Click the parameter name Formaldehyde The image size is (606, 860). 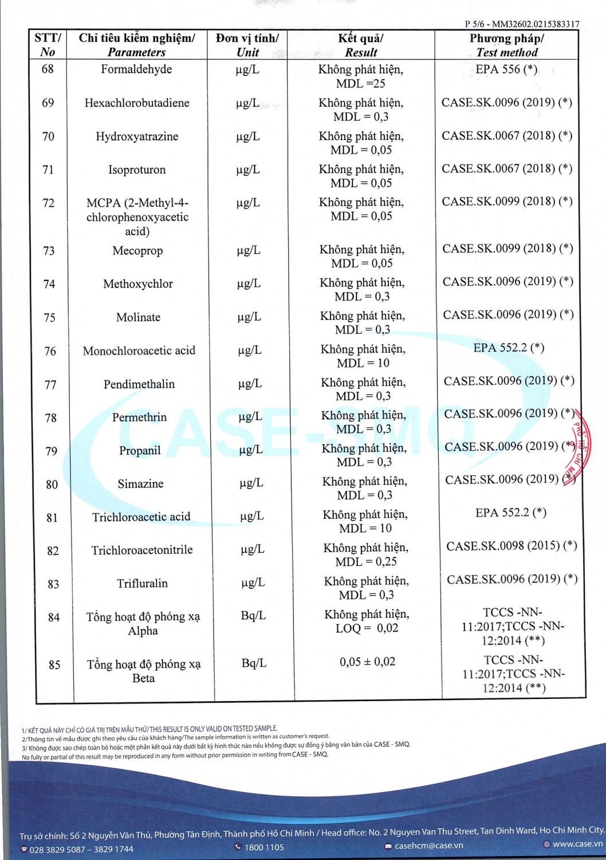click(x=136, y=69)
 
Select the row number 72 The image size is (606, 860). click(x=49, y=203)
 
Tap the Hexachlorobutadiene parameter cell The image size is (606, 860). click(x=137, y=103)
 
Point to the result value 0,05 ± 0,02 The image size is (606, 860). click(x=367, y=662)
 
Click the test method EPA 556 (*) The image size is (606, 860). click(x=506, y=69)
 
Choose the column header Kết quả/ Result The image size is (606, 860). click(x=361, y=45)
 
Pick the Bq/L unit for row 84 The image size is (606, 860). click(x=253, y=616)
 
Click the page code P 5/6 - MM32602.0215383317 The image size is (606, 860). click(x=522, y=24)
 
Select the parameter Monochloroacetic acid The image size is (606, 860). click(x=139, y=351)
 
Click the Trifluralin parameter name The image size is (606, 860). click(x=142, y=584)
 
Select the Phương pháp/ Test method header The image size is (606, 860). click(x=507, y=45)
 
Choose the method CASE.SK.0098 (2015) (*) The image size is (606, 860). click(x=511, y=546)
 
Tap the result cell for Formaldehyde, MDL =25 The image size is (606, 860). click(x=361, y=76)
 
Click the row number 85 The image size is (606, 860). click(x=54, y=665)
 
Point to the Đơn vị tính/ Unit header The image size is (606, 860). click(x=247, y=45)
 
